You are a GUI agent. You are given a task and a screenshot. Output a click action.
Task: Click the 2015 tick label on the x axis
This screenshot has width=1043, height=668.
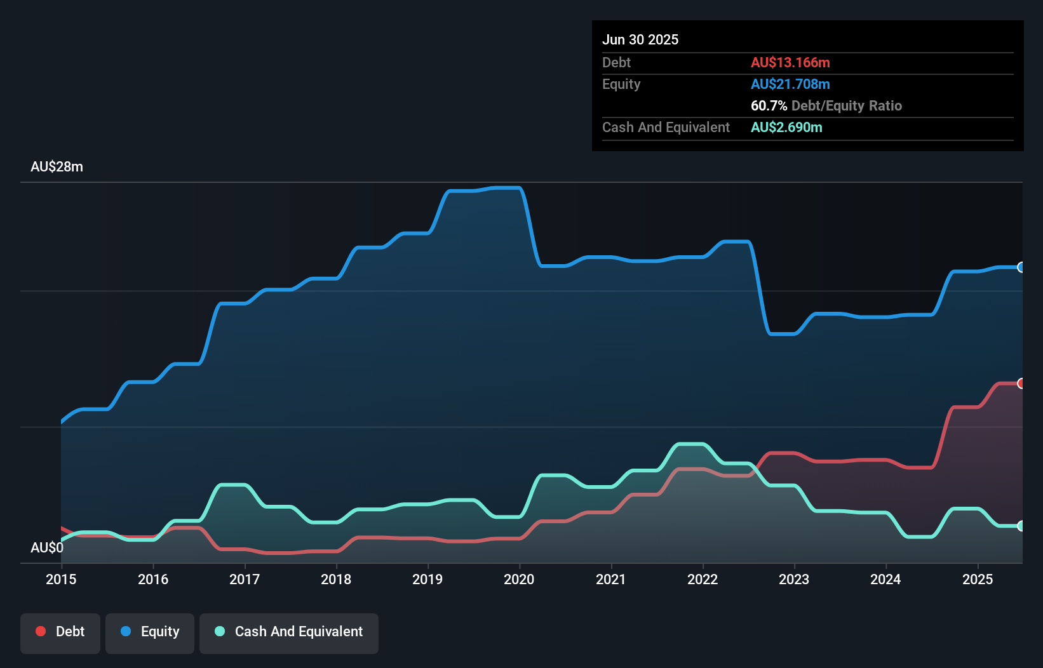pos(61,579)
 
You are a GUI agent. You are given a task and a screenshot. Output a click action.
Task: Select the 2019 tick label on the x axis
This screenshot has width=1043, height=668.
pos(427,579)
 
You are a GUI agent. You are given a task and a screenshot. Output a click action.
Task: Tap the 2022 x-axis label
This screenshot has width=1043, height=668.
pos(703,579)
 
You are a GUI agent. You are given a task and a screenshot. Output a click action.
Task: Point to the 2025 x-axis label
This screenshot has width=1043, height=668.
pos(978,579)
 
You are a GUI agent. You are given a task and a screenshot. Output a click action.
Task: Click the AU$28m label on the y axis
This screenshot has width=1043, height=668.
pos(57,166)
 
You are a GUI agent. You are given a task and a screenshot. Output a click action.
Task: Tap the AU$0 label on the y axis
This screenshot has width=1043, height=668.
pos(47,547)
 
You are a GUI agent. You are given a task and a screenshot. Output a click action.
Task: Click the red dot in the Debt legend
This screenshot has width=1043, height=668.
pos(41,631)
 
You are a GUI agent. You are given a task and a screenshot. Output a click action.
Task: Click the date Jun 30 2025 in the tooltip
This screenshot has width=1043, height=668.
pos(640,39)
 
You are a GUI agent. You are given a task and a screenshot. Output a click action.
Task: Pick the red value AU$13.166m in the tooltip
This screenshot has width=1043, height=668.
pos(790,62)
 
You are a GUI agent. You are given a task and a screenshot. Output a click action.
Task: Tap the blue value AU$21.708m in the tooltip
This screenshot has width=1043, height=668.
pos(790,84)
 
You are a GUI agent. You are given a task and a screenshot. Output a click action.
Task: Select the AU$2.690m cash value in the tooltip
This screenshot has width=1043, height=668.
pos(786,127)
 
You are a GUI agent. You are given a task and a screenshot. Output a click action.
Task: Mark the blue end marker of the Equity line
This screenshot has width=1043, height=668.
pos(1021,267)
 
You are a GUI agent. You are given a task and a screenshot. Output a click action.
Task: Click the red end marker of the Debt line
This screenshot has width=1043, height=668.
pos(1021,384)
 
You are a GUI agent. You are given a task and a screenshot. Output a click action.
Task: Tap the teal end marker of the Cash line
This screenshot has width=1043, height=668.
pos(1021,526)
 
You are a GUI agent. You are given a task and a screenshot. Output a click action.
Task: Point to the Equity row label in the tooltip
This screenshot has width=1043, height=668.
pos(621,84)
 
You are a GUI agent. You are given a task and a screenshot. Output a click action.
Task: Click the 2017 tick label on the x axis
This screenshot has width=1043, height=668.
pos(245,579)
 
